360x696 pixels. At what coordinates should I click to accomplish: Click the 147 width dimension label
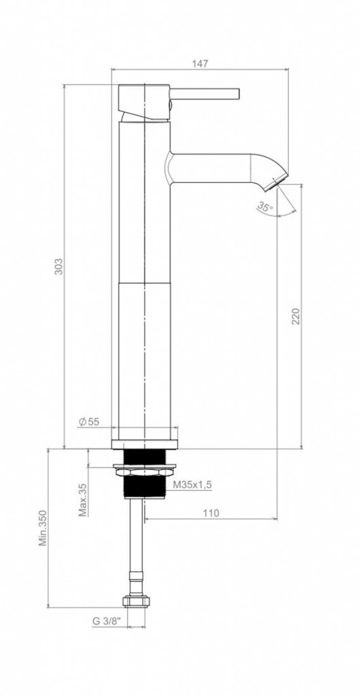200,63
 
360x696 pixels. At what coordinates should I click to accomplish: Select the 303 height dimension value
59,266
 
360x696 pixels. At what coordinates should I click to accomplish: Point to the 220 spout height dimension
295,316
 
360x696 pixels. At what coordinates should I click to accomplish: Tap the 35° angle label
265,207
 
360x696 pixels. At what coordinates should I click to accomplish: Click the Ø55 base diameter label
89,422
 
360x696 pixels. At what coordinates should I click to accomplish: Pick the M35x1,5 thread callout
192,485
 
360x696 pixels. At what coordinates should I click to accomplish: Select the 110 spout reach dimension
211,513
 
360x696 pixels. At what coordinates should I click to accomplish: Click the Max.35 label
82,500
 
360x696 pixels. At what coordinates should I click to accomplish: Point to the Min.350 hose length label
43,527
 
